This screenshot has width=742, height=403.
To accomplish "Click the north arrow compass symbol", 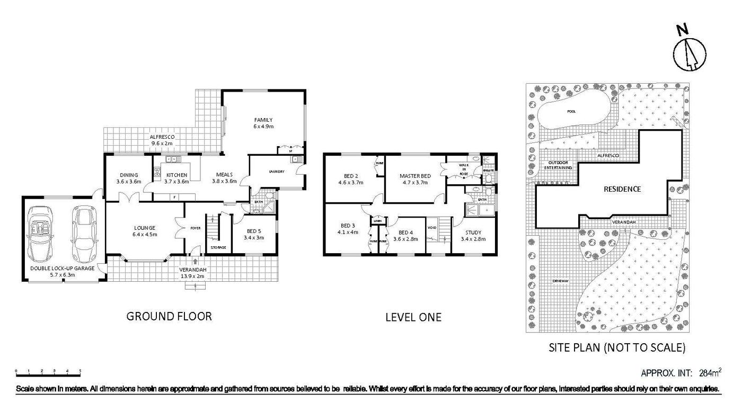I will (x=690, y=52).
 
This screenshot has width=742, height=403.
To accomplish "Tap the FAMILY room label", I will (x=262, y=123).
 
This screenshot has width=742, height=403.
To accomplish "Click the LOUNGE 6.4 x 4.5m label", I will (x=145, y=231).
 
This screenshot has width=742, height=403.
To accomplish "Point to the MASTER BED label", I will (x=415, y=179).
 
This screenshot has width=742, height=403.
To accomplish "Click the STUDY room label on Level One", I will (x=473, y=235).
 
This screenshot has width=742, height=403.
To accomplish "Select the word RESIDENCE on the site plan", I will (x=622, y=189).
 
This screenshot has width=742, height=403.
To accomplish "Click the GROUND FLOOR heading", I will (x=169, y=316).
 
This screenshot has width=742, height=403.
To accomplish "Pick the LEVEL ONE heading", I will (x=413, y=317).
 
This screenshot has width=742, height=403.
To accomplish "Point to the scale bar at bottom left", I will (x=48, y=371).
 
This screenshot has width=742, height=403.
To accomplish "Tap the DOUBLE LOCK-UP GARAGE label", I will (x=62, y=272).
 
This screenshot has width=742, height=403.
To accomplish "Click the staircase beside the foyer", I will (x=212, y=231).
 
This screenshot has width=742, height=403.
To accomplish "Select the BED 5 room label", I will (x=253, y=234).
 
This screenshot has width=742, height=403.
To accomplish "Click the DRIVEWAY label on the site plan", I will (x=560, y=281).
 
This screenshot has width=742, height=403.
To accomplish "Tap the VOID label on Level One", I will (x=431, y=228).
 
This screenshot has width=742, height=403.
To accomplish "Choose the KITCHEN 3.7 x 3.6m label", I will (x=176, y=178).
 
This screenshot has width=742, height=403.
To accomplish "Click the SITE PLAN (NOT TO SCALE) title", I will (x=617, y=348).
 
